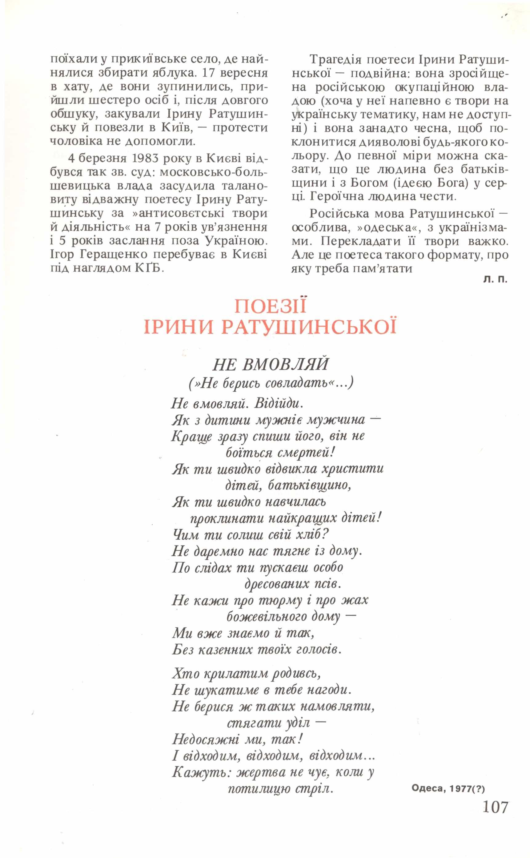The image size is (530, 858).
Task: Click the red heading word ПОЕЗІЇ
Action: (x=270, y=306)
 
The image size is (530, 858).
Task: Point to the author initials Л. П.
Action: (x=495, y=280)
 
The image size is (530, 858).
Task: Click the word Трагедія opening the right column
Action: (x=336, y=60)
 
